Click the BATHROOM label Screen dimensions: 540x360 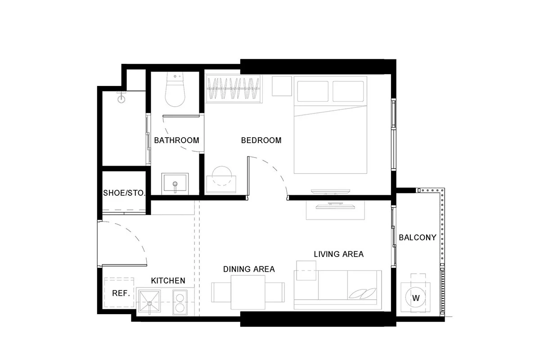pyautogui.click(x=176, y=140)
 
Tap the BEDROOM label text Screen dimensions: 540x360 pyautogui.click(x=261, y=140)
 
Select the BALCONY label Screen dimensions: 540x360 pyautogui.click(x=418, y=238)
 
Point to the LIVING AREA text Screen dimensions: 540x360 pyautogui.click(x=339, y=254)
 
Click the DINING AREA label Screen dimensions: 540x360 pyautogui.click(x=249, y=269)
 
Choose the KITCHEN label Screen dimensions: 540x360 pyautogui.click(x=168, y=281)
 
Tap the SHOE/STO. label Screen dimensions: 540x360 pyautogui.click(x=124, y=193)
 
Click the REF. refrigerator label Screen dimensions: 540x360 pyautogui.click(x=121, y=293)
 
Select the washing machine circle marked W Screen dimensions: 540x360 pyautogui.click(x=416, y=298)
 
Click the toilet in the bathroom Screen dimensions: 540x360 pyautogui.click(x=175, y=90)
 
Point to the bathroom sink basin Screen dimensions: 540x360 pyautogui.click(x=175, y=183)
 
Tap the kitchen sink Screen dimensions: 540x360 pyautogui.click(x=149, y=301)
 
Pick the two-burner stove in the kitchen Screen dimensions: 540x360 pyautogui.click(x=180, y=302)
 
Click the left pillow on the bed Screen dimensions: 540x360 pyautogui.click(x=313, y=91)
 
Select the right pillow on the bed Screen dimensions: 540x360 pyautogui.click(x=348, y=91)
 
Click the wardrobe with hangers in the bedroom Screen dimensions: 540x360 pyautogui.click(x=234, y=89)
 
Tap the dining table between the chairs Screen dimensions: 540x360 pyautogui.click(x=248, y=292)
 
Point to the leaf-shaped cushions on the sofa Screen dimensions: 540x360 pyautogui.click(x=363, y=293)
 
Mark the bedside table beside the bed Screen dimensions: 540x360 pyautogui.click(x=282, y=86)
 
